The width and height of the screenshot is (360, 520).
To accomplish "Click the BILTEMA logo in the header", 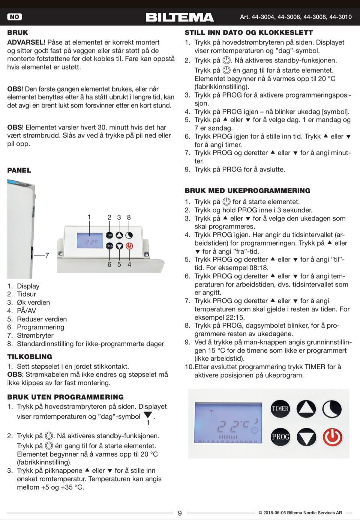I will [x=180, y=17].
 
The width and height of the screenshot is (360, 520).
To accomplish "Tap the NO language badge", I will [x=15, y=17].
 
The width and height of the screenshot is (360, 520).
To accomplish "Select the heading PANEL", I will [x=19, y=170].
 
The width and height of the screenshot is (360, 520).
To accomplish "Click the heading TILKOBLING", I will [x=30, y=357].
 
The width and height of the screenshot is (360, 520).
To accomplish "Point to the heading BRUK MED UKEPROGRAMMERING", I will [x=247, y=191].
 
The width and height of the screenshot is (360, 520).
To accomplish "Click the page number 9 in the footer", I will [x=180, y=513].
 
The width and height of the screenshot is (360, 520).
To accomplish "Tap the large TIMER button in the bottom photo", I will [x=280, y=409].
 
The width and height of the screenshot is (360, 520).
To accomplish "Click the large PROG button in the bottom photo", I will [x=280, y=437].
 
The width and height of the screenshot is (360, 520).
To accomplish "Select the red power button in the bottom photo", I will [x=333, y=437].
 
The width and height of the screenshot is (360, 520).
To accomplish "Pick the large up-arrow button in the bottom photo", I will [x=306, y=409].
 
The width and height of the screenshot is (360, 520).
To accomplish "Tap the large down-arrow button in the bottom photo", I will [x=306, y=437].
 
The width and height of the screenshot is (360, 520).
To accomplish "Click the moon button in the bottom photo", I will [x=332, y=409].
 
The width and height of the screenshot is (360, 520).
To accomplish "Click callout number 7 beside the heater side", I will [x=47, y=255].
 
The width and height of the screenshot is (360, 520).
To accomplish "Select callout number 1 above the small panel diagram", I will [x=89, y=217].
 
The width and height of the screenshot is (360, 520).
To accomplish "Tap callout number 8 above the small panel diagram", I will [x=129, y=217].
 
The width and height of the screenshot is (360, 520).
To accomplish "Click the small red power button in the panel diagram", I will [x=129, y=246].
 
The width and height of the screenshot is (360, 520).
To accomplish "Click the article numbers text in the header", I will [x=296, y=17].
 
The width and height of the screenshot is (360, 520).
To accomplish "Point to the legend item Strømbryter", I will [x=35, y=335].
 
